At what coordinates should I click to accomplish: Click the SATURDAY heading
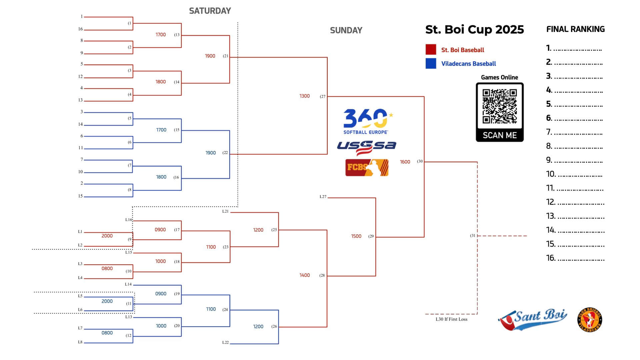(x=210, y=11)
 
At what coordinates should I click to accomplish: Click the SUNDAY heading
(x=346, y=30)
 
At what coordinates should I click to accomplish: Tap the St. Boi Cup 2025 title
(x=474, y=30)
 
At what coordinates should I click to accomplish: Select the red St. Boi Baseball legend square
(x=431, y=49)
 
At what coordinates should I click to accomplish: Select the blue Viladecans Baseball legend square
(x=431, y=63)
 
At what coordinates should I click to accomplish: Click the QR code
(x=500, y=106)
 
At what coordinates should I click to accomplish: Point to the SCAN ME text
(x=500, y=135)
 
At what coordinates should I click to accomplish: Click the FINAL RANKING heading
(x=575, y=29)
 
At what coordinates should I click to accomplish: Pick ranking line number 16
(x=575, y=258)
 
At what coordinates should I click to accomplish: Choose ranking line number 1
(x=574, y=48)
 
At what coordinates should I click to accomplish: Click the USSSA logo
(x=366, y=147)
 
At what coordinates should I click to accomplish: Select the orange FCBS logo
(x=367, y=167)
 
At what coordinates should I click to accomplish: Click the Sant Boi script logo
(x=532, y=319)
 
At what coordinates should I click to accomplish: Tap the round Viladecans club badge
(x=590, y=320)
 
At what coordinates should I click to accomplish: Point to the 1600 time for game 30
(x=405, y=162)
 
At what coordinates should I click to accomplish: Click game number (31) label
(x=473, y=236)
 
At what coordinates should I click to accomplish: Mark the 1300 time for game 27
(x=304, y=96)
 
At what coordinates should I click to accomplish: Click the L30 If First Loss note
(x=451, y=319)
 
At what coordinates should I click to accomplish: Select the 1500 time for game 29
(x=356, y=236)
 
